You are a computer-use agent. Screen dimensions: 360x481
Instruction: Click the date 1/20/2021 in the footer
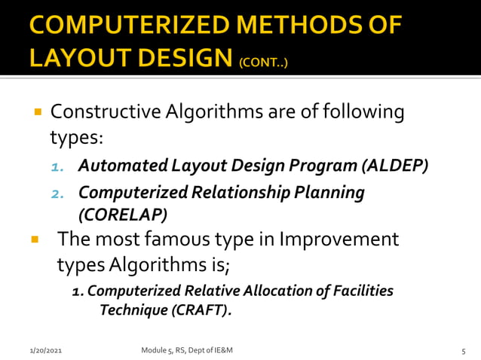pyautogui.click(x=46, y=351)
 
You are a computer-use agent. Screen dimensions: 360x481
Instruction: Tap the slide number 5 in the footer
pyautogui.click(x=464, y=351)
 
